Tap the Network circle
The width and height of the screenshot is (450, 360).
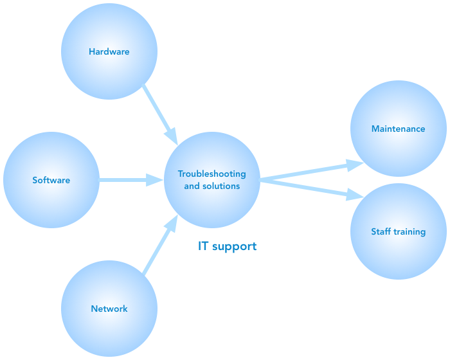109,328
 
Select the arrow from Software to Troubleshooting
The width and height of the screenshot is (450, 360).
129,180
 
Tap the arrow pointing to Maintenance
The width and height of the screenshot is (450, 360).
309,170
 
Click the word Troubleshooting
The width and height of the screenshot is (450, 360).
212,174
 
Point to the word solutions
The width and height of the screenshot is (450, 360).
221,186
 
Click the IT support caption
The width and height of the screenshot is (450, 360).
227,246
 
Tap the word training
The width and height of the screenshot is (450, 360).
410,232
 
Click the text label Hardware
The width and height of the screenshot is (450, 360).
109,51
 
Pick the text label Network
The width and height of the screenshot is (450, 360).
109,309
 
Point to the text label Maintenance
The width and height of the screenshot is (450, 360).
398,129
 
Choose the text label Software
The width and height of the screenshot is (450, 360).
51,180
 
